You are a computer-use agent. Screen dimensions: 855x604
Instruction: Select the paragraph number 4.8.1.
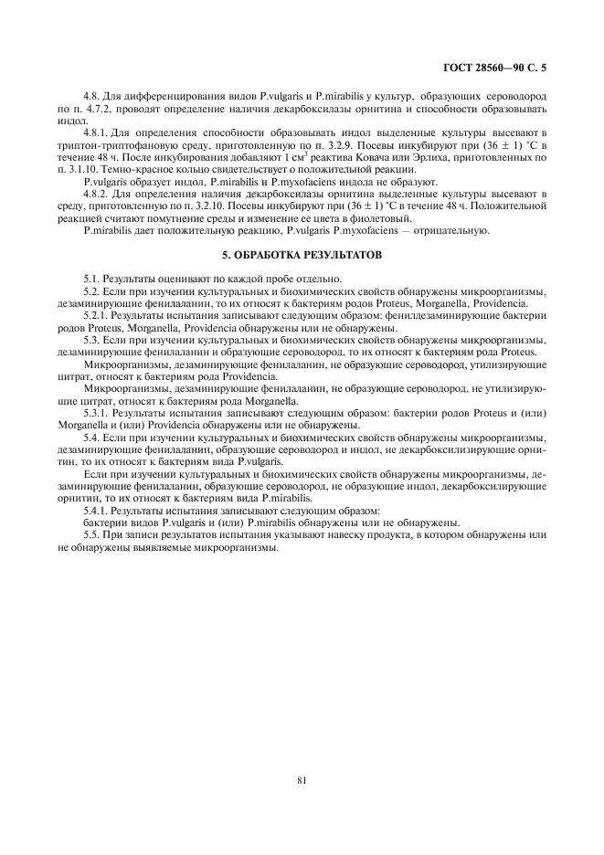pos(98,134)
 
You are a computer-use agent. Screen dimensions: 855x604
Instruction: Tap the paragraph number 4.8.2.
pos(98,195)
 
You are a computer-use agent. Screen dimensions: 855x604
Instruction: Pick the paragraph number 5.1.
pos(92,278)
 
